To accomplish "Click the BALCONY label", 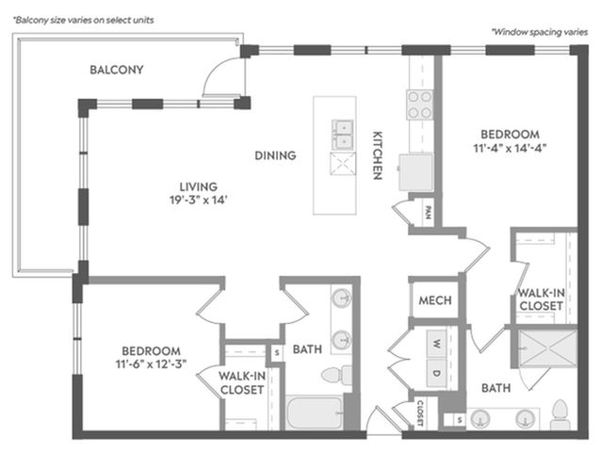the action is [117, 70].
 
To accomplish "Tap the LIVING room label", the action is [199, 186].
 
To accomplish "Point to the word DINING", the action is [275, 155].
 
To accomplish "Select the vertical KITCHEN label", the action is [378, 155].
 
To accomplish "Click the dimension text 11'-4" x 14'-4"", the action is [510, 148].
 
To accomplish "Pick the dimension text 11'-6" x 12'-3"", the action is [151, 364].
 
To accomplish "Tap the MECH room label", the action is [435, 300].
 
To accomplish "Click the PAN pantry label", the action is [429, 213].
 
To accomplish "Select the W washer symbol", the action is [437, 343].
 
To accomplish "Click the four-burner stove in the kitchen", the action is [420, 105].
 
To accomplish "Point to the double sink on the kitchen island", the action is [343, 135].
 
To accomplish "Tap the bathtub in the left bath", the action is [315, 413].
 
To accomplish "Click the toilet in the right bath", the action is [559, 414].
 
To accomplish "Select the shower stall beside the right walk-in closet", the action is [547, 348].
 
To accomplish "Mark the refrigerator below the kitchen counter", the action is [416, 172].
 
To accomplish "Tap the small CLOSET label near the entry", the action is [420, 413].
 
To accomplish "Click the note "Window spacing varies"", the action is [540, 32].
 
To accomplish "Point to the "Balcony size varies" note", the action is [84, 21].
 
